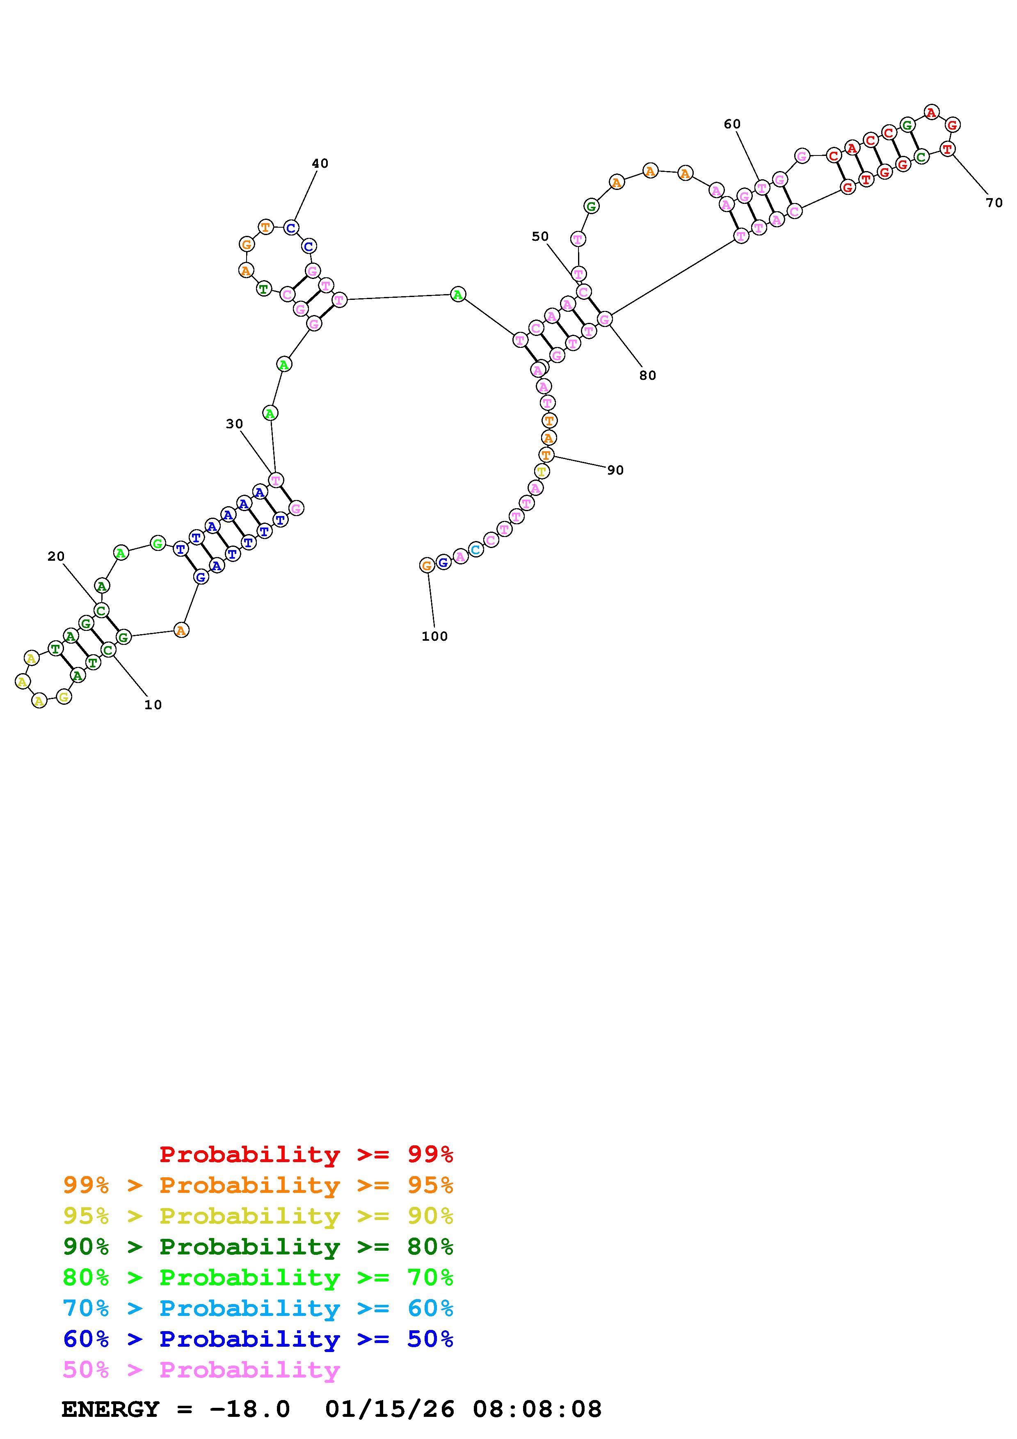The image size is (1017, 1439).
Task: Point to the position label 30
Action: coord(234,424)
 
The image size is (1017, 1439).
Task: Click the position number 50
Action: coord(540,236)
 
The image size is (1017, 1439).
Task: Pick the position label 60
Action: coord(732,124)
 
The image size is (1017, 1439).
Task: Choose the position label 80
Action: coord(647,375)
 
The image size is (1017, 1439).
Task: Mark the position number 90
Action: coord(615,470)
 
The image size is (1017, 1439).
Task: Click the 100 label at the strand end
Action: coord(435,636)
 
